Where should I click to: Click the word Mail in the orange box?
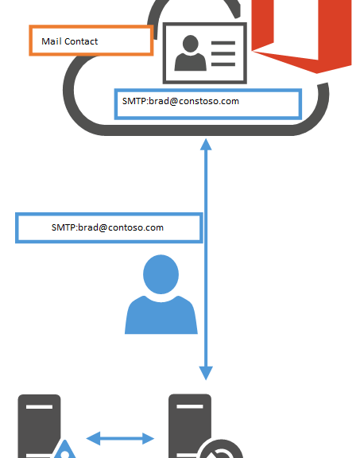52,41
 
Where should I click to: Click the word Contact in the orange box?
81,41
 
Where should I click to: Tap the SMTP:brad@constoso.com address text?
180,101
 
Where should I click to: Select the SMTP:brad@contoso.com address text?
107,227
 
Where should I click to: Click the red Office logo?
302,35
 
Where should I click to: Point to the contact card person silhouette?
191,53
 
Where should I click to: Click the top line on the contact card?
223,43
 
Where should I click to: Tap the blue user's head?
161,274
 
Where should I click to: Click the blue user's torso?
161,316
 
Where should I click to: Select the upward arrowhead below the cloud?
206,145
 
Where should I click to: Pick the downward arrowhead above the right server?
206,373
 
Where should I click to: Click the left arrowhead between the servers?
94,438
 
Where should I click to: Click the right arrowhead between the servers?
149,438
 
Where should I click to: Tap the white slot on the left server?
40,406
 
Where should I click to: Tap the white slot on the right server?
190,406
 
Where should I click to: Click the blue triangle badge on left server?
65,450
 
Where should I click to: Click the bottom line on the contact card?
223,64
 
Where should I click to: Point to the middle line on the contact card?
223,53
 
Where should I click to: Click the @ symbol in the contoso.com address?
103,228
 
